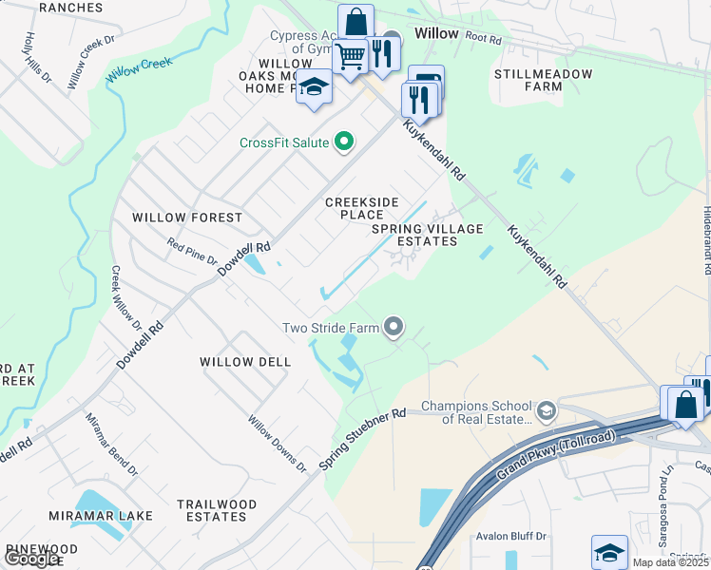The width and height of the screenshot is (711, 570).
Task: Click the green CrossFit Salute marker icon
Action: [344, 142]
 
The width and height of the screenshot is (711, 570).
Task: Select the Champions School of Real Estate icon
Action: [546, 411]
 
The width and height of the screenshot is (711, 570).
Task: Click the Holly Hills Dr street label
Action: [39, 58]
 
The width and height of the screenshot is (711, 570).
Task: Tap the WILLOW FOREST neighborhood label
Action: [187, 218]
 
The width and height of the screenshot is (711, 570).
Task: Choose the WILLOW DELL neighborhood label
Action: [239, 362]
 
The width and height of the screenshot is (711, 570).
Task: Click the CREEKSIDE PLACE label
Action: [354, 208]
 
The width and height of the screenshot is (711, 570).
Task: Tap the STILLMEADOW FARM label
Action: [544, 80]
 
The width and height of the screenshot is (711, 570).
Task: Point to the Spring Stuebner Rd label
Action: [362, 439]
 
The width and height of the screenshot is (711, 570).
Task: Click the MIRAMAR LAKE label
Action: [105, 516]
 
